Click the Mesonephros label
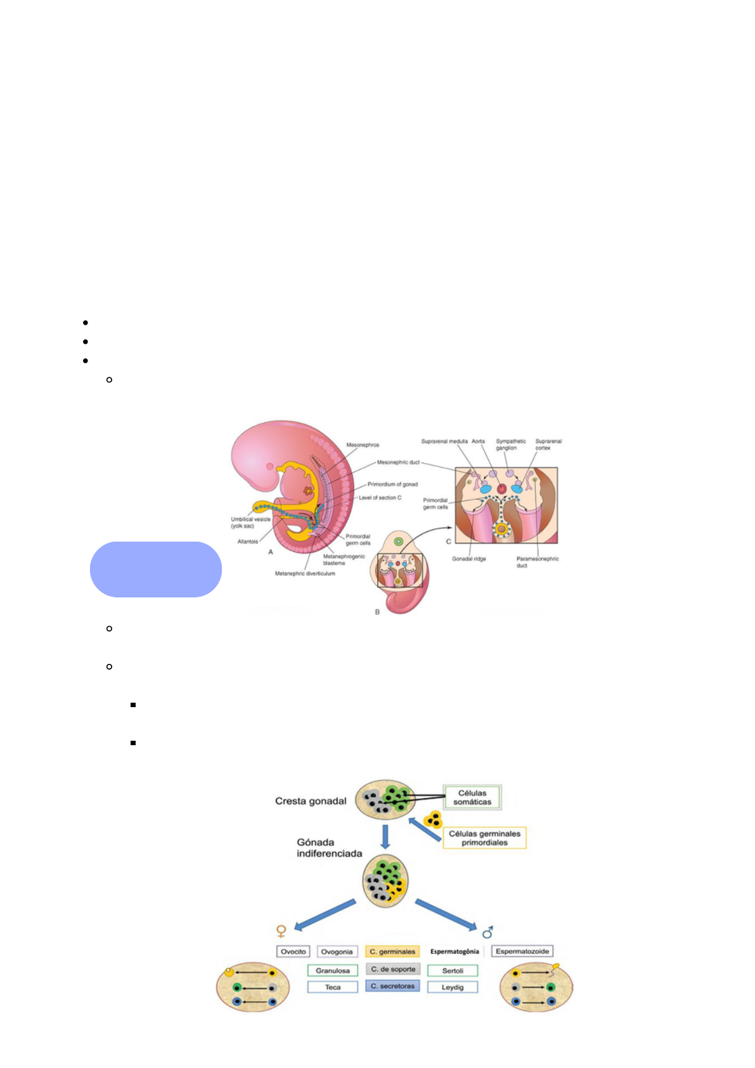(363, 445)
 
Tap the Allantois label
(248, 542)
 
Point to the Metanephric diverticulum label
(305, 573)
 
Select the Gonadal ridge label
(469, 559)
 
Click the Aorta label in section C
(478, 441)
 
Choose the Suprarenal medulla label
(444, 441)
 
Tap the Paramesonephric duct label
(537, 562)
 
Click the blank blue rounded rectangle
(156, 570)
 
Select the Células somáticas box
(472, 797)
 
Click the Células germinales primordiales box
(484, 838)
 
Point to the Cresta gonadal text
(311, 801)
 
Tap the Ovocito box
(294, 951)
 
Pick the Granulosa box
(333, 970)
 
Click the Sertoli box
(453, 970)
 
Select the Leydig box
(453, 987)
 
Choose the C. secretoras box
(392, 986)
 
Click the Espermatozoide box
(522, 951)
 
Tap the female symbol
(281, 931)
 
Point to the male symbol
(487, 932)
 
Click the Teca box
(333, 987)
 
